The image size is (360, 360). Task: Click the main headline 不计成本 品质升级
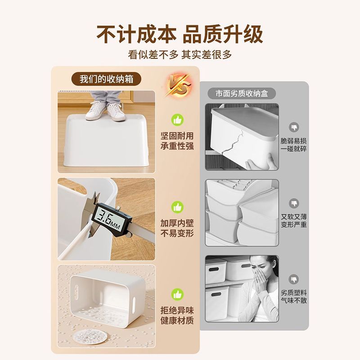coord(180,34)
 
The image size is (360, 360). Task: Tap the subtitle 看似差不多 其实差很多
coord(180,54)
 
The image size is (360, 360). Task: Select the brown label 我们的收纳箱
coord(106,79)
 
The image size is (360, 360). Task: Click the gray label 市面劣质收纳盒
coord(242,94)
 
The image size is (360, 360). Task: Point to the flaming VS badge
coord(179,85)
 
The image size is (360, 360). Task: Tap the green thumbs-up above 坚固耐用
coord(177,120)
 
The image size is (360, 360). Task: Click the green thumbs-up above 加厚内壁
coord(177,207)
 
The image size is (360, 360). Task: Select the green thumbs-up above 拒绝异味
coord(177,294)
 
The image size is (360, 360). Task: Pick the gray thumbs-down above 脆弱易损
coord(294,127)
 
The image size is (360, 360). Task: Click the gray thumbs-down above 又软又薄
coord(294,203)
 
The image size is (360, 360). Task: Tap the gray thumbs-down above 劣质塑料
coord(294,279)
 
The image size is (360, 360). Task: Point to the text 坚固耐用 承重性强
coord(177,141)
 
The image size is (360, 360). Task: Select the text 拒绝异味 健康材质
coord(177,315)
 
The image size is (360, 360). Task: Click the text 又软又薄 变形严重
coord(294,220)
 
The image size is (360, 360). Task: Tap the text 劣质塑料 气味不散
coord(294,297)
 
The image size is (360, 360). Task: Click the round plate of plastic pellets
coord(90,336)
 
